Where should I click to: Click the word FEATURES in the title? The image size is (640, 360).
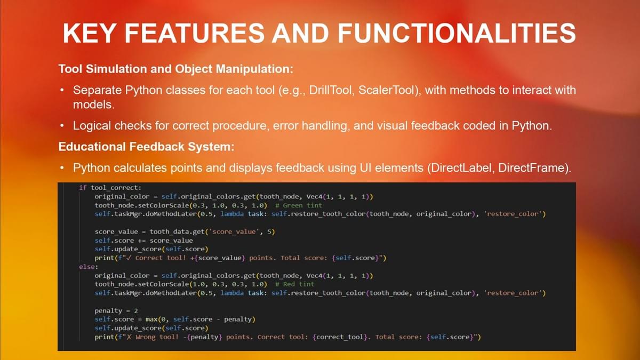(x=195, y=33)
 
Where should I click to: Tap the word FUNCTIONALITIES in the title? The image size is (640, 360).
(x=457, y=33)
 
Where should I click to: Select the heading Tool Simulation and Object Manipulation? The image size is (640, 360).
(x=176, y=69)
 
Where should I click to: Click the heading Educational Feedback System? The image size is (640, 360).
(x=146, y=147)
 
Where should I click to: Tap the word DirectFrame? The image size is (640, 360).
(x=532, y=167)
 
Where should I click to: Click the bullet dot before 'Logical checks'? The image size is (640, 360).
(x=62, y=126)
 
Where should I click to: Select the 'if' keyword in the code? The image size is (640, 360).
(x=83, y=188)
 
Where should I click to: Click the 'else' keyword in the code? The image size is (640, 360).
(x=87, y=267)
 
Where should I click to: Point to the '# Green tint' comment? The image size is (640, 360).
(x=299, y=205)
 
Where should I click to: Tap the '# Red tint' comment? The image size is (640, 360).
(x=294, y=284)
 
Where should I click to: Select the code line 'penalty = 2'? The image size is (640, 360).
(x=116, y=310)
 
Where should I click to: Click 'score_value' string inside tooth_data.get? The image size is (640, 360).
(x=234, y=231)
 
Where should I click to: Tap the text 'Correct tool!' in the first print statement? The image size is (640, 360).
(x=161, y=258)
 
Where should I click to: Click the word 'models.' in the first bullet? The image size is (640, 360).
(x=94, y=105)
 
